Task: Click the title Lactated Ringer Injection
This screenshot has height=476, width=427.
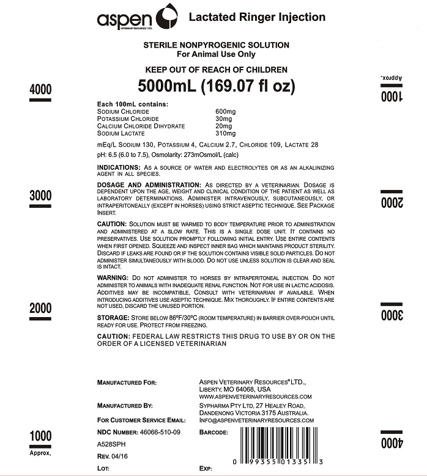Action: coord(256,16)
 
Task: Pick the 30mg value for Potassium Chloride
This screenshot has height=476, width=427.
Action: coord(223,119)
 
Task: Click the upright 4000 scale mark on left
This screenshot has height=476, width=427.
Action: coord(40,89)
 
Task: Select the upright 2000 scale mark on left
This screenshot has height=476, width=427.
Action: coord(40,308)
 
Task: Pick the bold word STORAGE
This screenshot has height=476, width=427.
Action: coord(113,318)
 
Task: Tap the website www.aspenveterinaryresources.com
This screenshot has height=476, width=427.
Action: coord(251,397)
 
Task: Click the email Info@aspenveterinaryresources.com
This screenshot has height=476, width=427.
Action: coord(256,420)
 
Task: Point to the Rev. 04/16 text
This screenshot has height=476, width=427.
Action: coord(113,456)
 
